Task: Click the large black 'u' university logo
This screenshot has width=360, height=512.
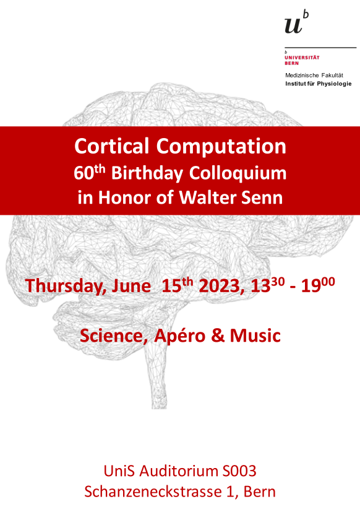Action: point(293,25)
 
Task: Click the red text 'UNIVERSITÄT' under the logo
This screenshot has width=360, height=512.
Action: point(302,58)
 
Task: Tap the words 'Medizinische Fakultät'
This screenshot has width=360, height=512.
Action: point(314,75)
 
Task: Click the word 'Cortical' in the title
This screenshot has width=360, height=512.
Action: point(111,146)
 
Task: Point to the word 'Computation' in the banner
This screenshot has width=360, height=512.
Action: point(221,147)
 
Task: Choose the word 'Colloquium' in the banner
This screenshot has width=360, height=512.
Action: point(238,173)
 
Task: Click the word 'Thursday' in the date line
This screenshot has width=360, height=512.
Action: point(66,285)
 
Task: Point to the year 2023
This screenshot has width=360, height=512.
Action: point(220,286)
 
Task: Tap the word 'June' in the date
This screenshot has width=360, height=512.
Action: point(131,286)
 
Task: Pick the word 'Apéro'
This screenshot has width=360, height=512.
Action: point(180,336)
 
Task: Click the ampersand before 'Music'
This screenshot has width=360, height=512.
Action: point(218,336)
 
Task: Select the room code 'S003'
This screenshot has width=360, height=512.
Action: point(239,471)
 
